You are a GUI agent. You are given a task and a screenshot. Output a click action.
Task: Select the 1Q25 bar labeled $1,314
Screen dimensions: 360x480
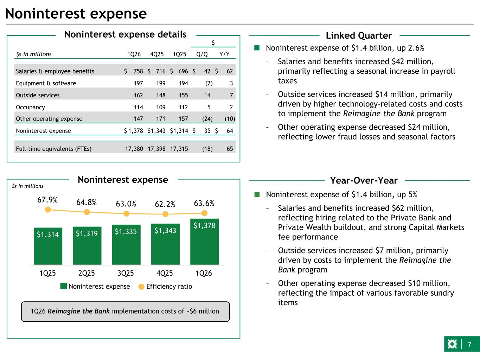pyautogui.click(x=48, y=246)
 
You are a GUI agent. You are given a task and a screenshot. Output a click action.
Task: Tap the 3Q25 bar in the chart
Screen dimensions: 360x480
pyautogui.click(x=126, y=245)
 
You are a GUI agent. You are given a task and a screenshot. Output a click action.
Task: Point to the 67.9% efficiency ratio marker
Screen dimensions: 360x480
pyautogui.click(x=48, y=210)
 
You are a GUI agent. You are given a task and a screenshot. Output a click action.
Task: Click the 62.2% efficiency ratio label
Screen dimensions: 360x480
pyautogui.click(x=165, y=204)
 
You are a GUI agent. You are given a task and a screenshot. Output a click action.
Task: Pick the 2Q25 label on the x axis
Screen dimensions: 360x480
pyautogui.click(x=87, y=273)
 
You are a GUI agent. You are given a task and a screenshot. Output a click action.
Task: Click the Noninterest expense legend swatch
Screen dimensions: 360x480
pyautogui.click(x=64, y=286)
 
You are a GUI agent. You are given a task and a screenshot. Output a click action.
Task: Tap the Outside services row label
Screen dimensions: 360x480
pyautogui.click(x=38, y=95)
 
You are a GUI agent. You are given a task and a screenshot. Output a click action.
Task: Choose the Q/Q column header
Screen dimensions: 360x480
pyautogui.click(x=202, y=54)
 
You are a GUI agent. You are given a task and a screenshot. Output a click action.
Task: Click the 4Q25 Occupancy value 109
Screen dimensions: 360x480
pyautogui.click(x=160, y=107)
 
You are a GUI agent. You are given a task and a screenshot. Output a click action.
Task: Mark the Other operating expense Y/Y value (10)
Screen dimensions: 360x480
pyautogui.click(x=230, y=119)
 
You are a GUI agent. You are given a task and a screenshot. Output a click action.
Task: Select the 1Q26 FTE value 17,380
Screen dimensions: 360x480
pyautogui.click(x=134, y=149)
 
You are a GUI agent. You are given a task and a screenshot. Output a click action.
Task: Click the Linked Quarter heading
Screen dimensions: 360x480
pyautogui.click(x=359, y=36)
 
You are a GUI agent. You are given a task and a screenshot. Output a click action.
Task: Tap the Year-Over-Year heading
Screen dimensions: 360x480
pyautogui.click(x=364, y=181)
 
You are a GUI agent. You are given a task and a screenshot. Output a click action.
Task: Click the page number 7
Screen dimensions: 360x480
pyautogui.click(x=469, y=345)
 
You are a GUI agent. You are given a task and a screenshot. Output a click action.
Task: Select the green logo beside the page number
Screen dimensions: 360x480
pyautogui.click(x=452, y=345)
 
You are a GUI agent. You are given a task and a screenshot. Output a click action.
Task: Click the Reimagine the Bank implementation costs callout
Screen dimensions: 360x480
pyautogui.click(x=125, y=311)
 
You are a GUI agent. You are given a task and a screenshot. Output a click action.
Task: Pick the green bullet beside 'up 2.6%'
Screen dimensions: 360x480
pyautogui.click(x=257, y=48)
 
